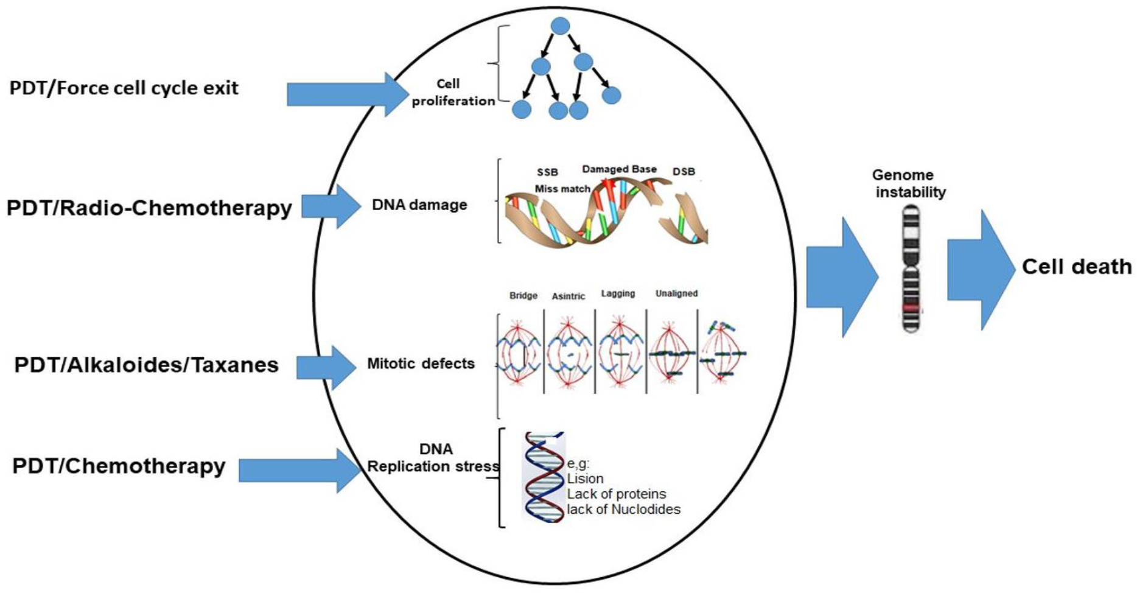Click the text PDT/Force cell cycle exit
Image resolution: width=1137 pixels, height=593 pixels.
[124, 88]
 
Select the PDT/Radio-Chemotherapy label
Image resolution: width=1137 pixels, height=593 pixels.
[149, 208]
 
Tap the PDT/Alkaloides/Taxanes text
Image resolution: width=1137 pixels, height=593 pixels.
[146, 365]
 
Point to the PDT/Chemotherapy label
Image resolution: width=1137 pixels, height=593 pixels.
[119, 466]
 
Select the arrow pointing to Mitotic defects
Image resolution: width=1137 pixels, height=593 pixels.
[326, 368]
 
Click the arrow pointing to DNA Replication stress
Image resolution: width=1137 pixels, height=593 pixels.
[298, 470]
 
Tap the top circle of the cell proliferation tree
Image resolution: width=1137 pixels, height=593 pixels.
[560, 26]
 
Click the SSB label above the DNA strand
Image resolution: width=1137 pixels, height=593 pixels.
[547, 172]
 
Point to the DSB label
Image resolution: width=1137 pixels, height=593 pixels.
[684, 172]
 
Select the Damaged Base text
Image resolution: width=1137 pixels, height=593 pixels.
[619, 169]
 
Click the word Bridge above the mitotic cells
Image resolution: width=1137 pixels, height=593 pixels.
[523, 295]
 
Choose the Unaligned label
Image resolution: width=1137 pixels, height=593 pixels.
[676, 293]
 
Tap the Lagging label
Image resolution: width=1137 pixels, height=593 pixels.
[618, 293]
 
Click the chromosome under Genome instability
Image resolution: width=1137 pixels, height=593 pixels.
[911, 268]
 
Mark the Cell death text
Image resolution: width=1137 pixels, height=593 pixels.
[1076, 267]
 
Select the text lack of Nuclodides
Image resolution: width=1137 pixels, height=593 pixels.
[623, 509]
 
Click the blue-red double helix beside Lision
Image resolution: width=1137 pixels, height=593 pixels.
[544, 478]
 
